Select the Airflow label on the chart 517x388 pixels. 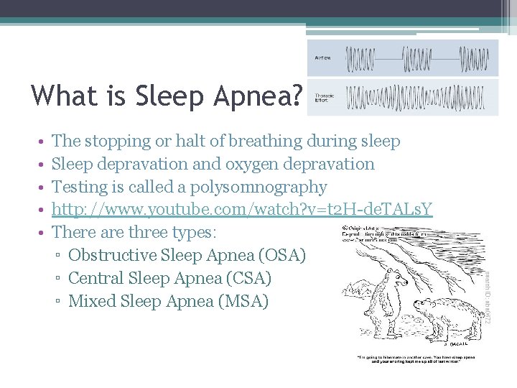(322, 58)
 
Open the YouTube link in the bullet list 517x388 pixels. (243, 210)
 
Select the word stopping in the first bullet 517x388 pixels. (119, 142)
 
